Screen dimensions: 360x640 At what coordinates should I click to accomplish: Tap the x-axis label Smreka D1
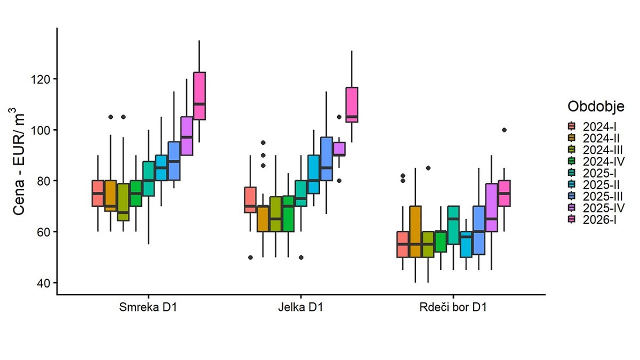[149, 308]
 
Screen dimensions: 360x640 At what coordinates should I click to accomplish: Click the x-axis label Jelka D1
[301, 308]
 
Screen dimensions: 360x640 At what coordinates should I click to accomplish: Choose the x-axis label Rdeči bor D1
[453, 308]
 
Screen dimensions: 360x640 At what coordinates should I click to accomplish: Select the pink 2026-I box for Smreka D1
[199, 96]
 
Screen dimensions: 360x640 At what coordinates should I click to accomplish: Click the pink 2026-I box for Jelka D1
[352, 105]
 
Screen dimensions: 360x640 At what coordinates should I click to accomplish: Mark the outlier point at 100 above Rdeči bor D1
[505, 130]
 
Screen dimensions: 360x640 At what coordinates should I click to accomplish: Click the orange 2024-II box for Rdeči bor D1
[415, 231]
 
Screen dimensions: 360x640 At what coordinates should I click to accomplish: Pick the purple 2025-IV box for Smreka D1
[187, 135]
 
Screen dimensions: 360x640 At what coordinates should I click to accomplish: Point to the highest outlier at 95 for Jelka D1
[262, 143]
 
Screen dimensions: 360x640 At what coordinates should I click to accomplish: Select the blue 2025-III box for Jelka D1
[326, 159]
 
